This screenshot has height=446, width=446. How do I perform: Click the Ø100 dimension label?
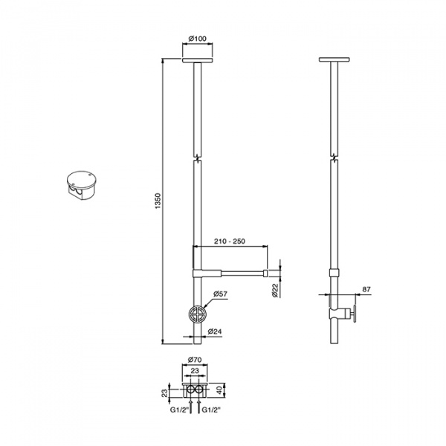click(x=198, y=39)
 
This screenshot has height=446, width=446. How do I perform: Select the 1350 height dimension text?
click(x=158, y=201)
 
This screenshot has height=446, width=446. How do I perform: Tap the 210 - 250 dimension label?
click(x=230, y=241)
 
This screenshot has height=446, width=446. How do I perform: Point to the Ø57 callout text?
click(x=221, y=294)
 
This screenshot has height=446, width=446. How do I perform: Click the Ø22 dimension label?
click(x=275, y=291)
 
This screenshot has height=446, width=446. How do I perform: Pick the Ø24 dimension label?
click(x=215, y=332)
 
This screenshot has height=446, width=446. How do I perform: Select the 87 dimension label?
click(x=366, y=289)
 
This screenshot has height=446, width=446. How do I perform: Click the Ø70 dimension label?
click(x=195, y=360)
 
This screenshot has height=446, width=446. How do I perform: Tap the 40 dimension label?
click(x=219, y=390)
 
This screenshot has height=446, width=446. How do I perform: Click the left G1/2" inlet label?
click(x=179, y=410)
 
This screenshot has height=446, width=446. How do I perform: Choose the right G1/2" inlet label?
click(x=211, y=410)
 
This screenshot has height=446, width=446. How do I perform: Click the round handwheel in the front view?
click(x=197, y=314)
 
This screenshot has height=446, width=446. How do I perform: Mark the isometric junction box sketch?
click(x=82, y=185)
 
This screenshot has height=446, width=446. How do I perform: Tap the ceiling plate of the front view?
click(x=197, y=60)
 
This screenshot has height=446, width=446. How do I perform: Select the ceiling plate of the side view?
click(x=334, y=59)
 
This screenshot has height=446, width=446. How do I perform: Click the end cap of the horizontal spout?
click(x=265, y=274)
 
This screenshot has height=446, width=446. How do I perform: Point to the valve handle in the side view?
click(x=355, y=314)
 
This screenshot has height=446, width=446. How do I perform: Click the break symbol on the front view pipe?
click(x=197, y=158)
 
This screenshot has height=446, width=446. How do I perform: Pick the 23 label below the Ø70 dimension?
click(x=195, y=371)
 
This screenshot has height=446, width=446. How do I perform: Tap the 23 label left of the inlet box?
click(x=164, y=392)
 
